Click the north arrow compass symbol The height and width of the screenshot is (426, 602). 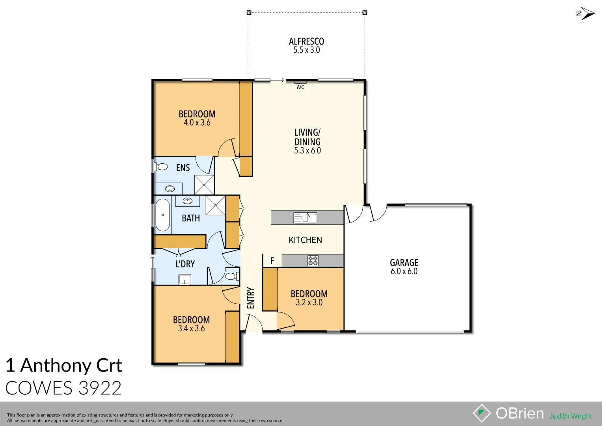[x=586, y=13]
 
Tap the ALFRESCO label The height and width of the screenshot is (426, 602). [x=306, y=41]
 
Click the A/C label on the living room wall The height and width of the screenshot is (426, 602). [x=300, y=87]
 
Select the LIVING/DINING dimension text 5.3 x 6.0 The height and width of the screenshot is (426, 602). [x=307, y=151]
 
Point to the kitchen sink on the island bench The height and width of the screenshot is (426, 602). [x=305, y=218]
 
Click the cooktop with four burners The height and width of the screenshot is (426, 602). [x=313, y=261]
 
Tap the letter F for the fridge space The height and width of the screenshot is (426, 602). [x=272, y=261]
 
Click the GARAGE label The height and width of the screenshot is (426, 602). [x=404, y=263]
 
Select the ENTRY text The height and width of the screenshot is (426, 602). [x=251, y=298]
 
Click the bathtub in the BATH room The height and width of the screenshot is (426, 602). [x=162, y=215]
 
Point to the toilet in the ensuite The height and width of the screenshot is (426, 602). [x=161, y=167]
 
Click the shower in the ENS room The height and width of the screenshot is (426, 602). [x=205, y=185]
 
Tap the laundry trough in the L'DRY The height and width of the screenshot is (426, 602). [x=185, y=280]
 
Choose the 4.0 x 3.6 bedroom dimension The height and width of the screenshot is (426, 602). [x=197, y=123]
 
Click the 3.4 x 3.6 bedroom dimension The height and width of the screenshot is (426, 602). [x=191, y=329]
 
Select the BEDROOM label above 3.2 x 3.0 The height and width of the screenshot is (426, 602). [x=309, y=294]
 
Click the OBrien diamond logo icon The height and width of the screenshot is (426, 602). [x=481, y=413]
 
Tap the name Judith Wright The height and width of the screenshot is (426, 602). [x=570, y=416]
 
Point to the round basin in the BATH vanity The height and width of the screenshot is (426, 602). [x=187, y=201]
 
